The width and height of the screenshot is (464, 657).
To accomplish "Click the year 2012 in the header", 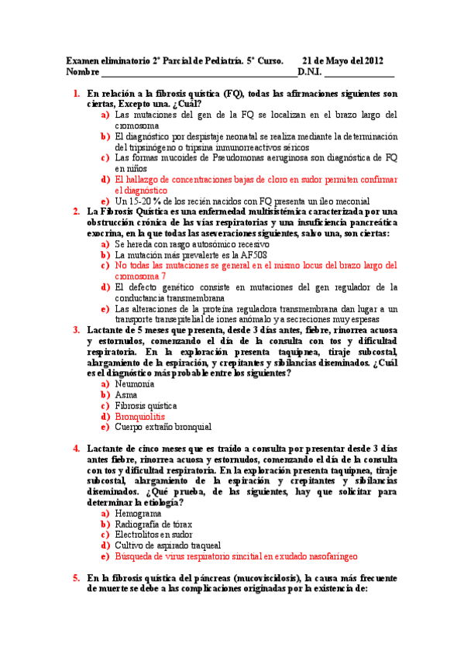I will click(x=369, y=61).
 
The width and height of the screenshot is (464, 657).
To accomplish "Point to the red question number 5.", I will click(x=77, y=577).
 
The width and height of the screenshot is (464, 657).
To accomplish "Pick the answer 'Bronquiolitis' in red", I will click(x=140, y=416).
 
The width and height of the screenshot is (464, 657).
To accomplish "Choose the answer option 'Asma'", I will click(x=126, y=394).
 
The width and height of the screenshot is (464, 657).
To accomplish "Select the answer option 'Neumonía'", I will click(x=134, y=384).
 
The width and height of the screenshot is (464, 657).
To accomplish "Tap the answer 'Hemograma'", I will click(x=138, y=514).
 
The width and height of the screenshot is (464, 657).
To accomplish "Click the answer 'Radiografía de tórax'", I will click(x=153, y=525).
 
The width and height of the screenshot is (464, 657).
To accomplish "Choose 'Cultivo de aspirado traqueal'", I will click(x=167, y=545).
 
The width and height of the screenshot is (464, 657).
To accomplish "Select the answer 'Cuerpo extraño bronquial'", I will click(x=163, y=427).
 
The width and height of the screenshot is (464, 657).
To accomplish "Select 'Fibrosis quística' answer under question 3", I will click(x=146, y=405).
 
